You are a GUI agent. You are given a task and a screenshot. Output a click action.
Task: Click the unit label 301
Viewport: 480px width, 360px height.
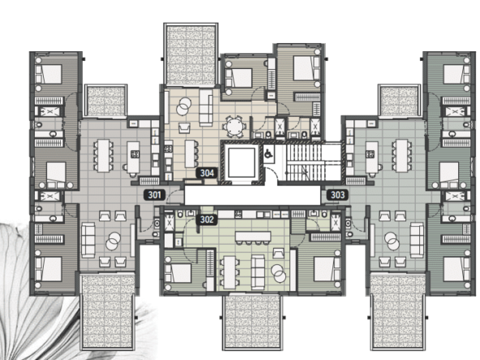155,195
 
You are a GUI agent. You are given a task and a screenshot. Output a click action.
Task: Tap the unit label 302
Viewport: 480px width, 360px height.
207,220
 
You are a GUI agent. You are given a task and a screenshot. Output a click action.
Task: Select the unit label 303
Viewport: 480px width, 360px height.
337,195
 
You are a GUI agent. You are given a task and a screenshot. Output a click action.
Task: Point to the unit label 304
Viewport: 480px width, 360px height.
207,173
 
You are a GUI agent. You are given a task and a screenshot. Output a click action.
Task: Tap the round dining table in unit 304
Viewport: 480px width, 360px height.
235,126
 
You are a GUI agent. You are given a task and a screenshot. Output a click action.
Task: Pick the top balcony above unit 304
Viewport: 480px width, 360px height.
191,54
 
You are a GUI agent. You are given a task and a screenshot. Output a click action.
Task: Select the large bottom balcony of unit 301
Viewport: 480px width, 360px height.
107,311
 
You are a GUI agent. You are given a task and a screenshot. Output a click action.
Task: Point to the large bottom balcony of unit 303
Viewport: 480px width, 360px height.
398,311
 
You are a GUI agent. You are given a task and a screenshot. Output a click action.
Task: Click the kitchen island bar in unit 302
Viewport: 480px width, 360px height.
253,236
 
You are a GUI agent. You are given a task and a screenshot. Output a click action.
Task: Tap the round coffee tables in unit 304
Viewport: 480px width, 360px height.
183,105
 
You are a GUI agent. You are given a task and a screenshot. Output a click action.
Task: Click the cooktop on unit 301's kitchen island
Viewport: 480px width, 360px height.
135,154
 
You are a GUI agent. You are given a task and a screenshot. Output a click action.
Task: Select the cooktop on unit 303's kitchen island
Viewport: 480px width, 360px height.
371,154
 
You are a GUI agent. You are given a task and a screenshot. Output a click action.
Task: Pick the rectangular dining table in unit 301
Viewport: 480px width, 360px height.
103,155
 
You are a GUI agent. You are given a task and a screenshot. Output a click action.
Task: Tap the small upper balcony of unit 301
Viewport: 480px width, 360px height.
105,101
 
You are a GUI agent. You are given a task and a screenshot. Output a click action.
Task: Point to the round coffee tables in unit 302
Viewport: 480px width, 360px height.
278,272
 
